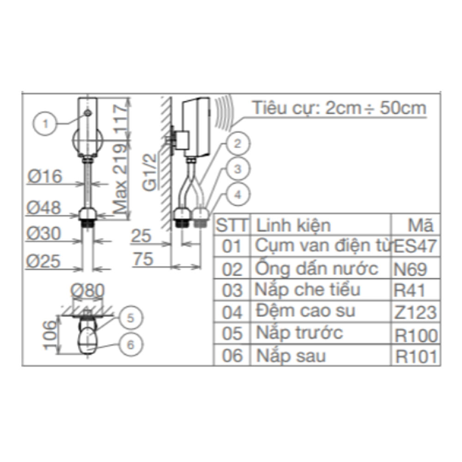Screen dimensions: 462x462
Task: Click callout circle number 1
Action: point(45,123)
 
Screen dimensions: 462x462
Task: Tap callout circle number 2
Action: point(237,144)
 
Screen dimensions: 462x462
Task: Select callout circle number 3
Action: point(237,169)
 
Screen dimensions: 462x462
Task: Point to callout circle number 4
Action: point(237,195)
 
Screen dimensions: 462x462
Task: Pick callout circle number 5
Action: point(130,318)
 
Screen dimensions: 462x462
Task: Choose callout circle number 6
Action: point(130,345)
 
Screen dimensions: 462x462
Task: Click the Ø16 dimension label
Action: point(45,176)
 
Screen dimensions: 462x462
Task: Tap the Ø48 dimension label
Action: point(44,208)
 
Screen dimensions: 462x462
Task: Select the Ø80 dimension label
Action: point(87,290)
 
